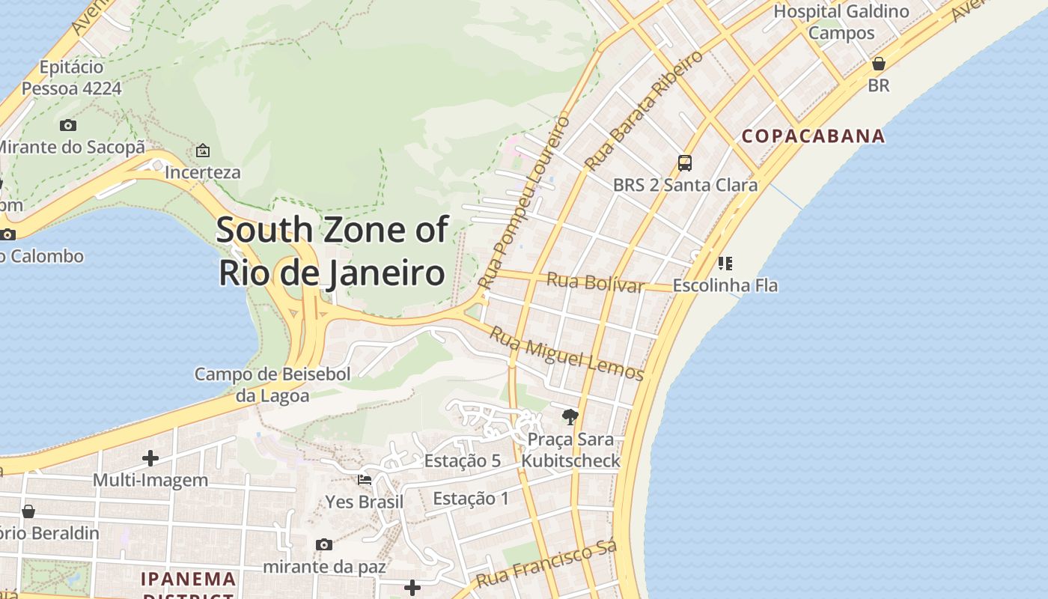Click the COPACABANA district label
pos(813,136)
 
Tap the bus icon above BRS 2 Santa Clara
pos(684,162)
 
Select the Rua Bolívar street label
pos(595,283)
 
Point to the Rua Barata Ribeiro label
pos(644,111)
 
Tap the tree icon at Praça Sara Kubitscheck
pos(570,417)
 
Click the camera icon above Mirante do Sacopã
pos(68,125)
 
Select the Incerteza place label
pos(202,172)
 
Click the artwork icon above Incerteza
pos(202,150)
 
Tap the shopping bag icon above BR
pos(879,64)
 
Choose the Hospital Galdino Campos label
pos(841,22)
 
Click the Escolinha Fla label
pos(725,285)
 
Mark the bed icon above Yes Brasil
pos(365,479)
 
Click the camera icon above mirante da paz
pos(324,544)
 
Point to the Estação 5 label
pos(462,460)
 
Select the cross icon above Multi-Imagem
pos(150,457)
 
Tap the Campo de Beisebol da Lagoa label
pos(272,384)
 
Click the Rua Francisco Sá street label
pos(546,565)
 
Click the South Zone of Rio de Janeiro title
pos(332,252)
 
